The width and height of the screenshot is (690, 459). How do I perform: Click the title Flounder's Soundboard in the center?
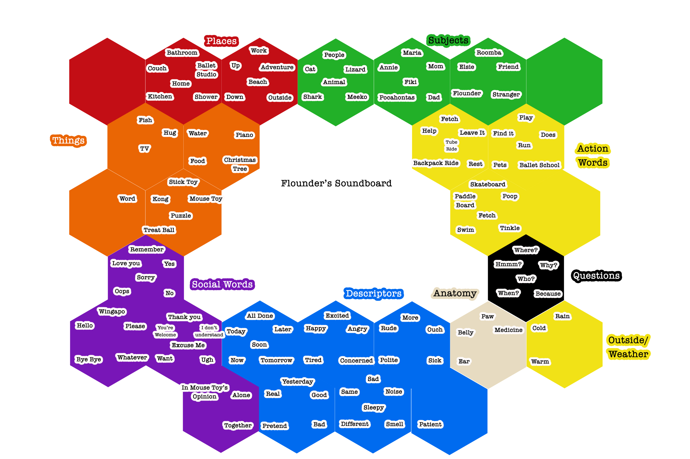336,183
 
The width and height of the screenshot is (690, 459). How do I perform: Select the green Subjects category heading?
448,40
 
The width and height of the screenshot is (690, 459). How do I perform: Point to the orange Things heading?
69,141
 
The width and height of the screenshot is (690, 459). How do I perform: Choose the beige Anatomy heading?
455,293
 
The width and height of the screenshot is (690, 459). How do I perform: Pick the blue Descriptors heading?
374,293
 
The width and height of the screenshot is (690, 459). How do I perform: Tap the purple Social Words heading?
222,284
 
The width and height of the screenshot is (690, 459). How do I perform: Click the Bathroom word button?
182,53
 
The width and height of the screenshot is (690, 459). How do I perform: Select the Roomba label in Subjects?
489,53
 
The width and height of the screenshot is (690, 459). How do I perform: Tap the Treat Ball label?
159,230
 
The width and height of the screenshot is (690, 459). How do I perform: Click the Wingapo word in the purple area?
112,311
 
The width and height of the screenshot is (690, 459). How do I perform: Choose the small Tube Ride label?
451,145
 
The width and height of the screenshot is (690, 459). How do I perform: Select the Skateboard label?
488,184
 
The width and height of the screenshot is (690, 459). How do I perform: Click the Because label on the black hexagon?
548,294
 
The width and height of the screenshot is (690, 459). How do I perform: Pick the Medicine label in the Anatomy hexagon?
508,330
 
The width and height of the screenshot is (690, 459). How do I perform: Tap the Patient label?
430,424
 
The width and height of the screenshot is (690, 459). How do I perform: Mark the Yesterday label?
298,382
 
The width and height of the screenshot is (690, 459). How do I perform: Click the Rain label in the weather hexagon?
562,316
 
